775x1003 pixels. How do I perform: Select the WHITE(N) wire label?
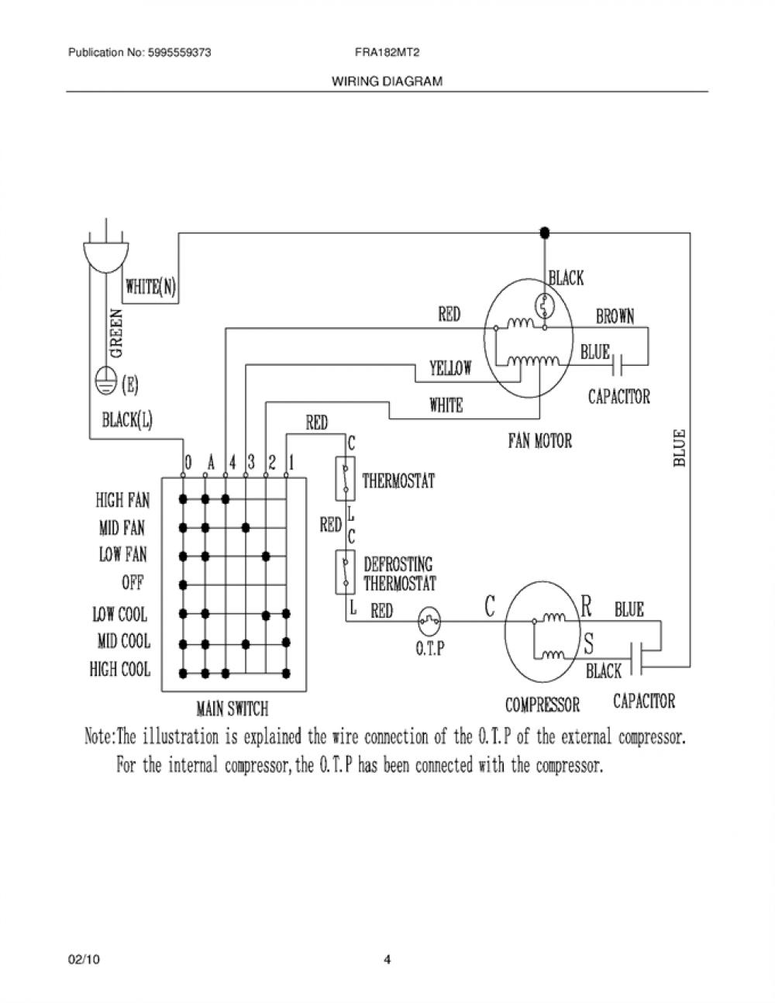tap(150, 287)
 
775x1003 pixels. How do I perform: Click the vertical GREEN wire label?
tap(116, 333)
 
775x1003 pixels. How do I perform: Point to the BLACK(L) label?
tap(127, 420)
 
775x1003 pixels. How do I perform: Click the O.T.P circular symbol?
tap(429, 622)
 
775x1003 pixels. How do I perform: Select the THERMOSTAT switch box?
tap(345, 479)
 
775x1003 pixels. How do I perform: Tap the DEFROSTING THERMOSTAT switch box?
tap(345, 572)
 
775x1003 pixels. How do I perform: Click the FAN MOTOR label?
tap(539, 441)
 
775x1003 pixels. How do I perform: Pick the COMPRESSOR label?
tap(542, 705)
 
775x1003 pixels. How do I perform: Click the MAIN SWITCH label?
tap(232, 708)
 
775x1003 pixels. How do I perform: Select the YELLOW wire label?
tap(450, 368)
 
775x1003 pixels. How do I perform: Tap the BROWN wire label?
tap(615, 316)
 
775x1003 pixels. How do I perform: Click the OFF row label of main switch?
tap(133, 583)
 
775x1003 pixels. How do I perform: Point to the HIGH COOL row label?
tap(120, 669)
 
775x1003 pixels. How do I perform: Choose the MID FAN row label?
tap(122, 528)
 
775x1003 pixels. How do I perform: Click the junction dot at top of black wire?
tap(545, 232)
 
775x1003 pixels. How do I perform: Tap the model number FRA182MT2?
tap(387, 53)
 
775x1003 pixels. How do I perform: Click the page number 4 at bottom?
tap(387, 960)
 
